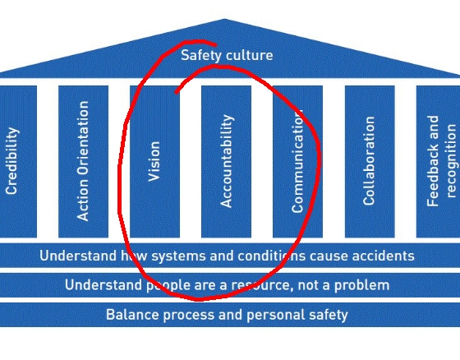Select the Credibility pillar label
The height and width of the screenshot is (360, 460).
12,160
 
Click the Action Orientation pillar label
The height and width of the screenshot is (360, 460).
83,161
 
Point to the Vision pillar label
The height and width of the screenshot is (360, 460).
154,161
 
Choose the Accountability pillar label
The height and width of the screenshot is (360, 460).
227,161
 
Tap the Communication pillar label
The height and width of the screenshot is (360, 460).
297,161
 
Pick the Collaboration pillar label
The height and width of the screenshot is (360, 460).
369,160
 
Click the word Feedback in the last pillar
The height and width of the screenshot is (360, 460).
433,161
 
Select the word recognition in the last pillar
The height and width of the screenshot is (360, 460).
452,161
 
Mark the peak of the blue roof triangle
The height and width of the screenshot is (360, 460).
224,19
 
